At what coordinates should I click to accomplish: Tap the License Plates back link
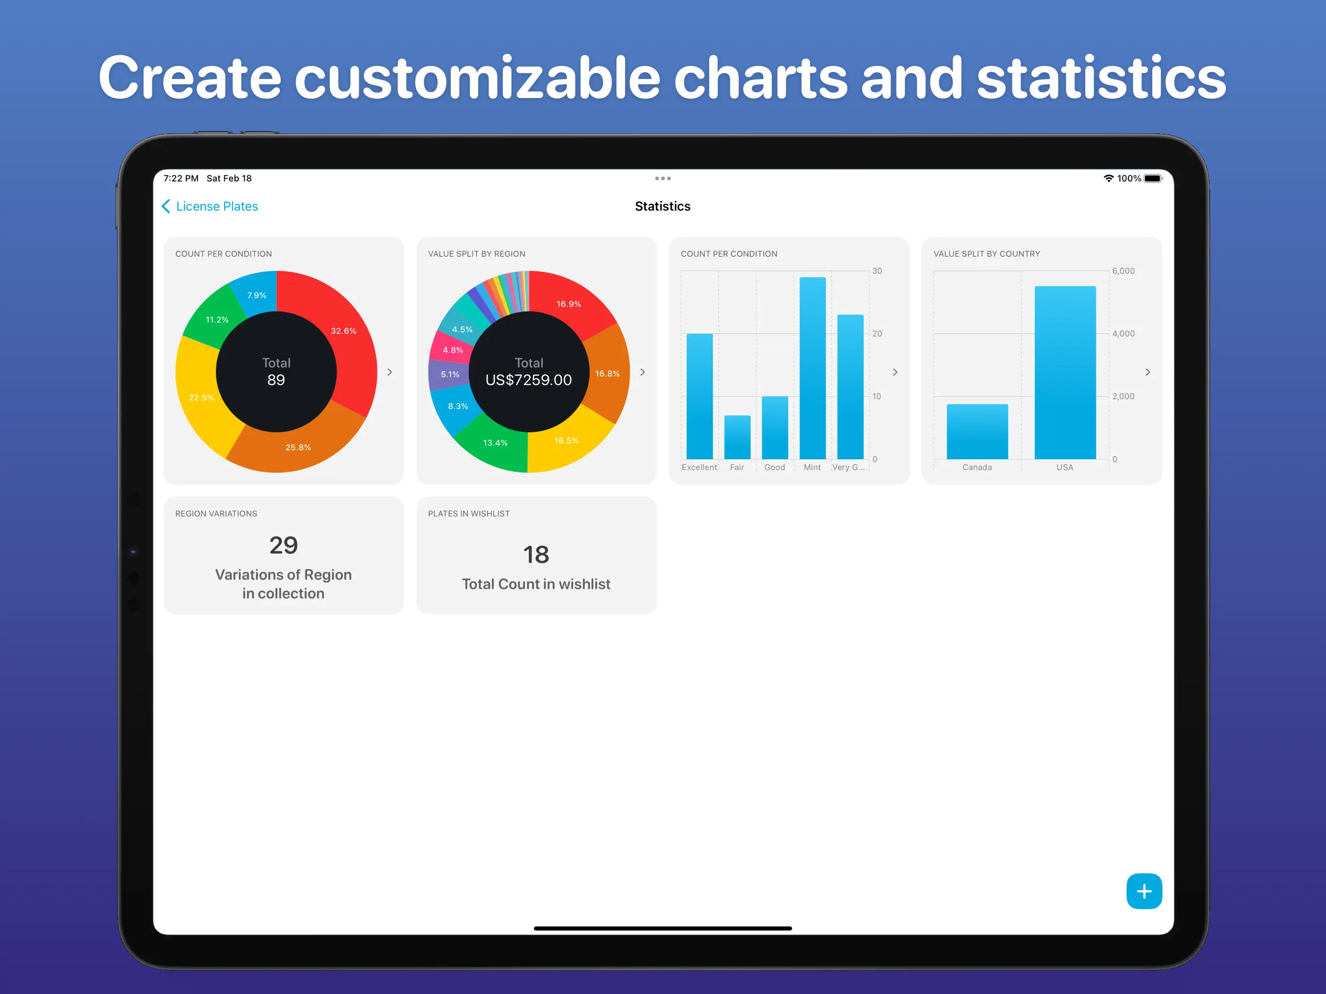click(x=211, y=206)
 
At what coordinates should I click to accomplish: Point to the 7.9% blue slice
click(x=257, y=295)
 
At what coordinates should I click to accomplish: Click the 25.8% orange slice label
click(x=298, y=447)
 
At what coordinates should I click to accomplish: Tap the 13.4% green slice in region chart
click(x=495, y=443)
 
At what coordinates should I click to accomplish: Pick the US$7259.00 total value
click(x=528, y=380)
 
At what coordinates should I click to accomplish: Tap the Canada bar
click(x=977, y=431)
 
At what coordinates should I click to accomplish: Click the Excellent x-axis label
click(x=699, y=467)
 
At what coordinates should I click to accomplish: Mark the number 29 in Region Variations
click(x=283, y=545)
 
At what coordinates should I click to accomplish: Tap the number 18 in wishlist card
click(x=536, y=555)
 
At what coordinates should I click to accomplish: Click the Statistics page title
click(x=663, y=206)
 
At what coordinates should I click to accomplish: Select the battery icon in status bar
click(x=1152, y=179)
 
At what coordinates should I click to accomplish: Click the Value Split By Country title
click(x=986, y=253)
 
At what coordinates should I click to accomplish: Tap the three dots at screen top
click(x=663, y=179)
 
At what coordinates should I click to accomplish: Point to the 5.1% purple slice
click(x=449, y=374)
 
